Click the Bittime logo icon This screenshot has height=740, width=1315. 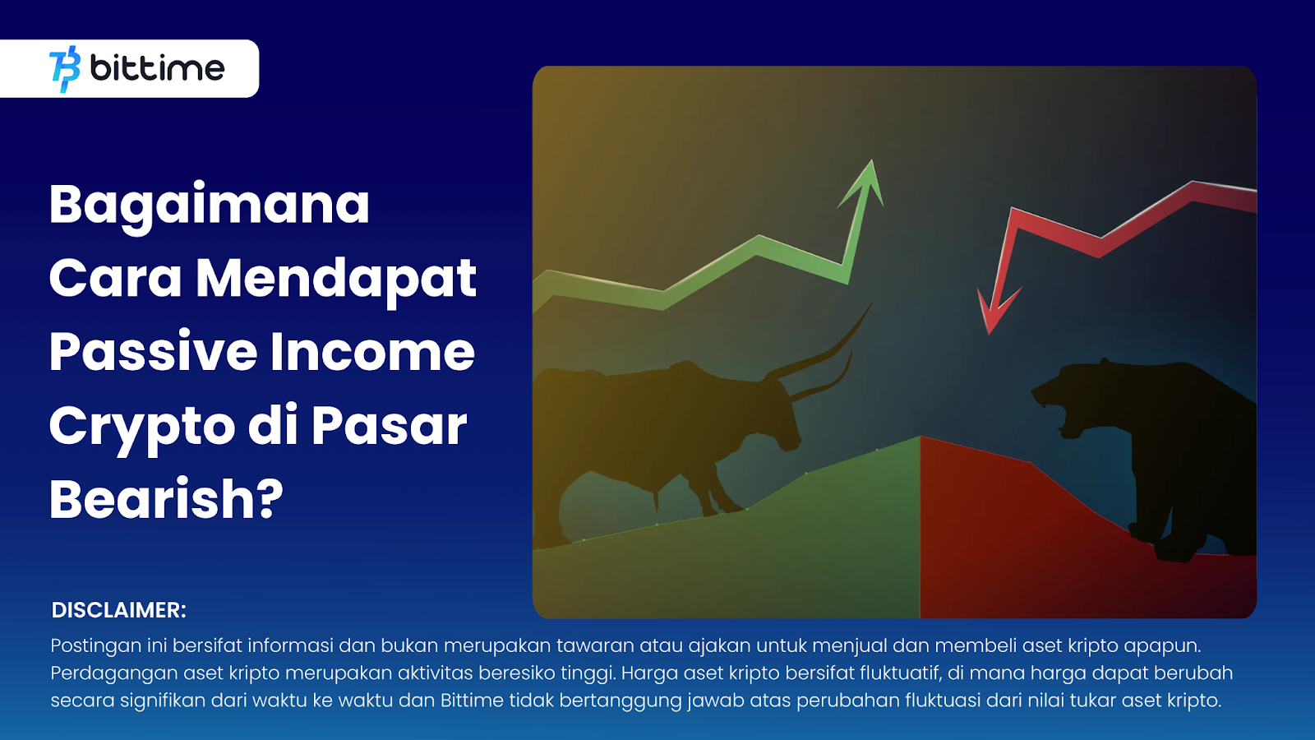pyautogui.click(x=65, y=69)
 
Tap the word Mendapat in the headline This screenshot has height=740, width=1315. pyautogui.click(x=335, y=279)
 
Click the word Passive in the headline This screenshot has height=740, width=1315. pyautogui.click(x=154, y=352)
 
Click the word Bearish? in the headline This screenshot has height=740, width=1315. pyautogui.click(x=166, y=499)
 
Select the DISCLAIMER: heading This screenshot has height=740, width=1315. pyautogui.click(x=119, y=610)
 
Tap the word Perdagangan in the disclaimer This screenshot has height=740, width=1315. pyautogui.click(x=114, y=673)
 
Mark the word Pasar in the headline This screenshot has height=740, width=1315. pyautogui.click(x=389, y=426)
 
